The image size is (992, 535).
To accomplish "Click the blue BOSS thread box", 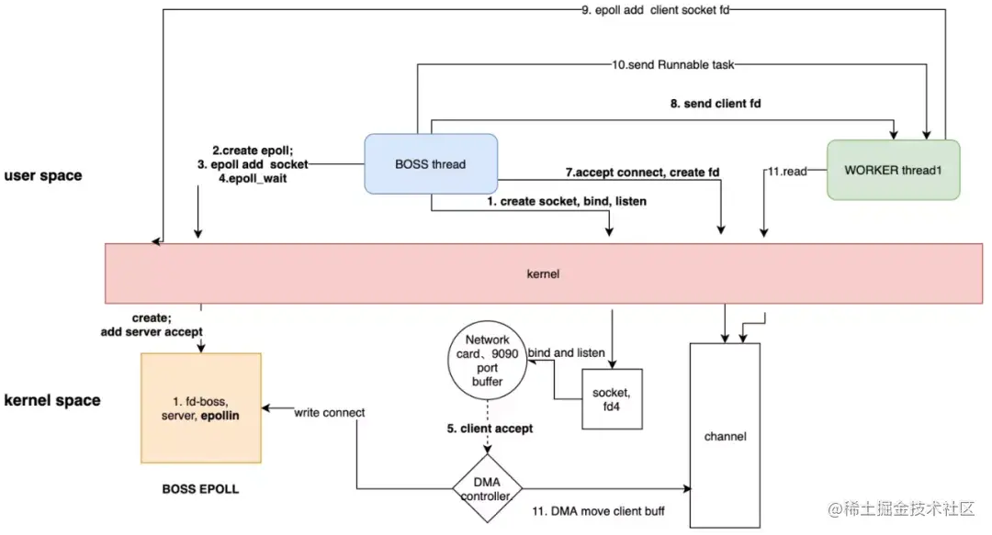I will pyautogui.click(x=431, y=164).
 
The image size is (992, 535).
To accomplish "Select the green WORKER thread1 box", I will pyautogui.click(x=893, y=170).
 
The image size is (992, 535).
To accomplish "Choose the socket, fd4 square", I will pyautogui.click(x=612, y=398).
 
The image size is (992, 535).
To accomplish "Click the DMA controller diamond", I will pyautogui.click(x=488, y=487).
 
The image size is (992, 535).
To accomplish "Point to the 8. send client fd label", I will pyautogui.click(x=715, y=104).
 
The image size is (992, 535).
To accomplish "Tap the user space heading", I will pyautogui.click(x=42, y=175).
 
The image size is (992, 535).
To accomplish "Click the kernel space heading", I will pyautogui.click(x=52, y=401).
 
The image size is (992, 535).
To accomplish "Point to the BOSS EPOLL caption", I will pyautogui.click(x=200, y=489).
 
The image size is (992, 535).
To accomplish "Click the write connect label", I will pyautogui.click(x=329, y=413).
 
